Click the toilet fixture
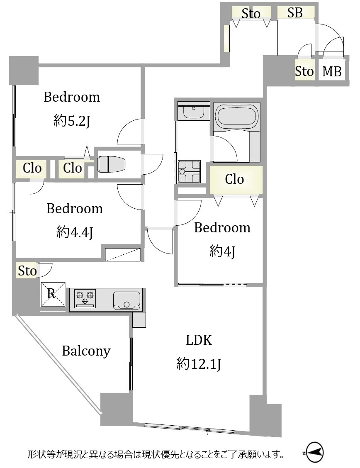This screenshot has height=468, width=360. click(111, 164)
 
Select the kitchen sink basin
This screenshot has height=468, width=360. click(127, 300)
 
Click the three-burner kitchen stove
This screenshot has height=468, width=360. click(85, 298)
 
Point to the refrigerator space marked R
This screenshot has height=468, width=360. click(53, 294)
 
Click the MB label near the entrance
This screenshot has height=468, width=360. click(332, 72)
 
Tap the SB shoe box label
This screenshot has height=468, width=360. click(295, 13)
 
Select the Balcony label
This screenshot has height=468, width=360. click(86, 351)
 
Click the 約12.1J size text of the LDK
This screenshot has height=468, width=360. click(199, 364)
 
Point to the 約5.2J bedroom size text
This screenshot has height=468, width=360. click(72, 121)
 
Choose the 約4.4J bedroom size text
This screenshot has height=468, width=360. click(75, 232)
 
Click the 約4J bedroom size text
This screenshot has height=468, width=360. click(222, 251)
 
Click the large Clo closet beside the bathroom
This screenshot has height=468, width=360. click(236, 180)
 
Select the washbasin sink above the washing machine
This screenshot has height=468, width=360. click(194, 111)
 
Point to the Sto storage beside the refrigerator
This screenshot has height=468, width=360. click(27, 271)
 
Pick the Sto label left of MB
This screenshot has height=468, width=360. click(304, 71)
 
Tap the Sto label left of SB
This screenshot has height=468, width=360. click(251, 13)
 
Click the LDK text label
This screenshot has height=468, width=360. click(199, 340)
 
